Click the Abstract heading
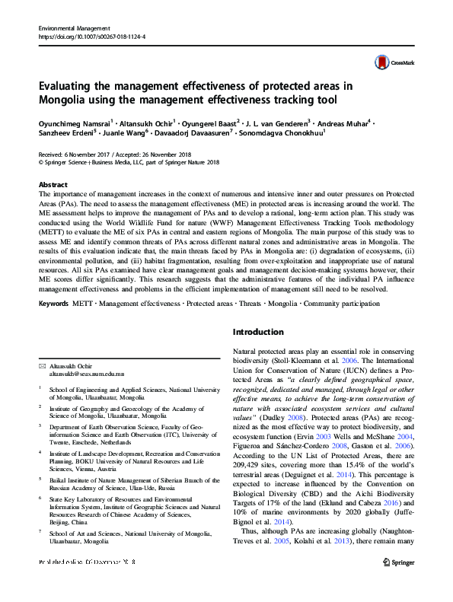pyautogui.click(x=53, y=185)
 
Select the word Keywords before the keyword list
pyautogui.click(x=56, y=304)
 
